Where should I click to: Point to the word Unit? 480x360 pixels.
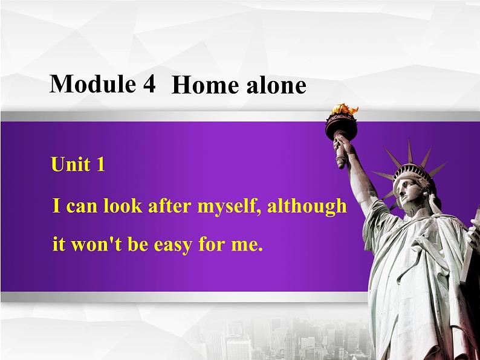click(x=71, y=164)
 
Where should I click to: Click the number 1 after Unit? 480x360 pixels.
click(x=100, y=164)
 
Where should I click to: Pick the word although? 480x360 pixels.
click(x=307, y=207)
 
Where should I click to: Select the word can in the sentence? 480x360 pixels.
click(x=79, y=207)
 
